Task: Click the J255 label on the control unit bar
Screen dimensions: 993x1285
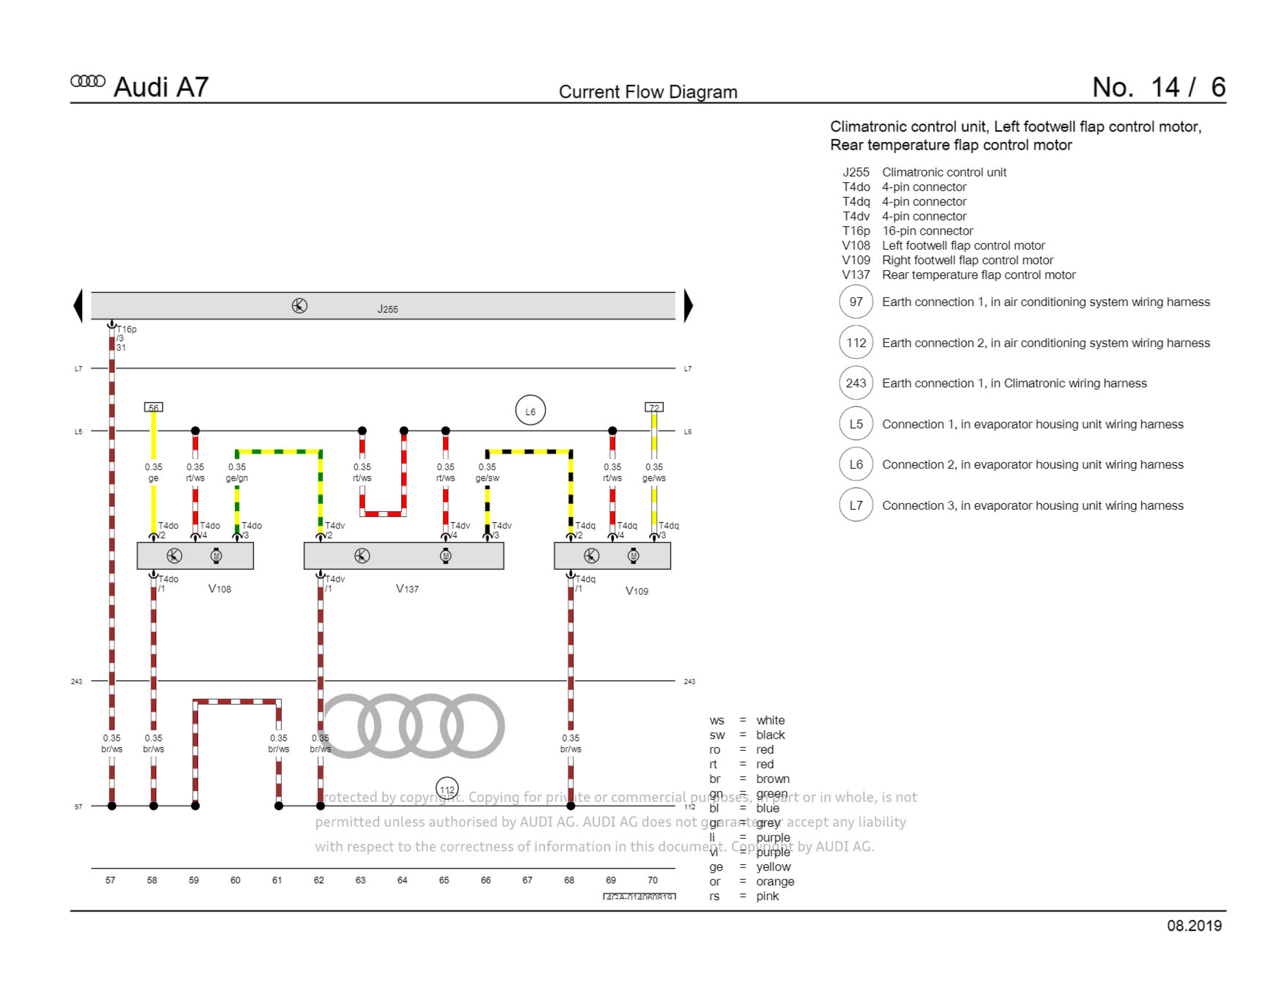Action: coord(387,309)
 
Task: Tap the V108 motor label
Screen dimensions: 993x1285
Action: coord(220,589)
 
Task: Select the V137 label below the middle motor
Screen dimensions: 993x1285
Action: coord(407,589)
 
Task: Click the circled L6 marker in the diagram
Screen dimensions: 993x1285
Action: coord(530,410)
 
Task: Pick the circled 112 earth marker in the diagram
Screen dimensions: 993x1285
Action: coord(447,789)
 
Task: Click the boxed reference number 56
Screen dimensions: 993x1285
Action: coord(154,407)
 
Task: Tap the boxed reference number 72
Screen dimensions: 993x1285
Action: coord(654,407)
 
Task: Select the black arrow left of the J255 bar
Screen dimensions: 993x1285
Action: coord(78,305)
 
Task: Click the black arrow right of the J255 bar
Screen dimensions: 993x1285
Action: coord(688,305)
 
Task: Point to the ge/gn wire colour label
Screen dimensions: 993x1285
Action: coord(236,478)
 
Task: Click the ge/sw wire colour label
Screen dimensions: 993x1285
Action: coord(487,478)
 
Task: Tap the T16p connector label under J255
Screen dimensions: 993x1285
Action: coord(127,329)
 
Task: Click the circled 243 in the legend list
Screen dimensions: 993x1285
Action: coord(855,384)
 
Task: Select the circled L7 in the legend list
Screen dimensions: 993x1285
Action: coord(855,505)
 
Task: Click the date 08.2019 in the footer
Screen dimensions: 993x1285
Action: coord(1194,926)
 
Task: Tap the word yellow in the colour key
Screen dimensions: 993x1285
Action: coord(773,866)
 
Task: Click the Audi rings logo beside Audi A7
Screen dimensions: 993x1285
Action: coord(88,81)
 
